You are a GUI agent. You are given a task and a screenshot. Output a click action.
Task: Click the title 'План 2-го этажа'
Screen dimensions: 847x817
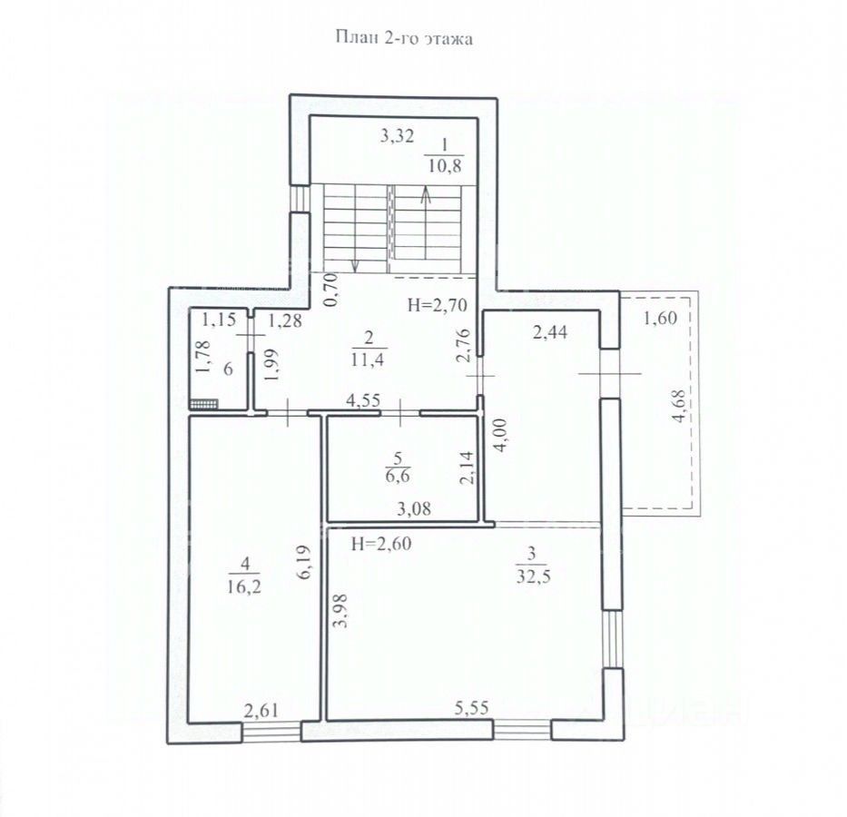click(404, 38)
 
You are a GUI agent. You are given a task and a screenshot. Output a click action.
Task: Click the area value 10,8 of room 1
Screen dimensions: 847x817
click(445, 165)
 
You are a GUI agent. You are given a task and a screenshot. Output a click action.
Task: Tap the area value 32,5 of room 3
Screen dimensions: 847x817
click(533, 576)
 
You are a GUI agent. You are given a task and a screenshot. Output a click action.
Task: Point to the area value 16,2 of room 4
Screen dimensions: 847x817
click(244, 586)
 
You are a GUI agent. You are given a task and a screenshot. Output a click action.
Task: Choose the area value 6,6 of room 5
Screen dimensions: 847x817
click(399, 477)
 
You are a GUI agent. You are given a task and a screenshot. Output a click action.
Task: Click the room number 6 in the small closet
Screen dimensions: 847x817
click(228, 369)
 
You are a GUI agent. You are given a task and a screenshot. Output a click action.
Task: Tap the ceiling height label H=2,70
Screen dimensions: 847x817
click(438, 306)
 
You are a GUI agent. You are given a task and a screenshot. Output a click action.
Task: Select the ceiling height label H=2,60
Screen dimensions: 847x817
click(380, 544)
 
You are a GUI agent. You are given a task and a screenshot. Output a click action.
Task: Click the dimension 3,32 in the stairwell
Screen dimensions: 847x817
click(397, 135)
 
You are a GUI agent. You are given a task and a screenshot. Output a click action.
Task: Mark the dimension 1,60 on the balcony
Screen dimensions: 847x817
click(660, 318)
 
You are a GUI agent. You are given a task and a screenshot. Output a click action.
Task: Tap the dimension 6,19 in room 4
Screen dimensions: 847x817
click(305, 563)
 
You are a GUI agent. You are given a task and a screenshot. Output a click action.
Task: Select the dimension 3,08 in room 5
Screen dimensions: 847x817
click(414, 508)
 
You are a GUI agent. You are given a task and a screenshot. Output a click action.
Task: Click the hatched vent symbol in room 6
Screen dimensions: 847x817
click(204, 403)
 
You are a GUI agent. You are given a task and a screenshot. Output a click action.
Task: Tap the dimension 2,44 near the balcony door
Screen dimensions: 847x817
click(550, 332)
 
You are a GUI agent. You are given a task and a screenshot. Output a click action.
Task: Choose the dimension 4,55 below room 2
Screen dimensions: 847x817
click(363, 400)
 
